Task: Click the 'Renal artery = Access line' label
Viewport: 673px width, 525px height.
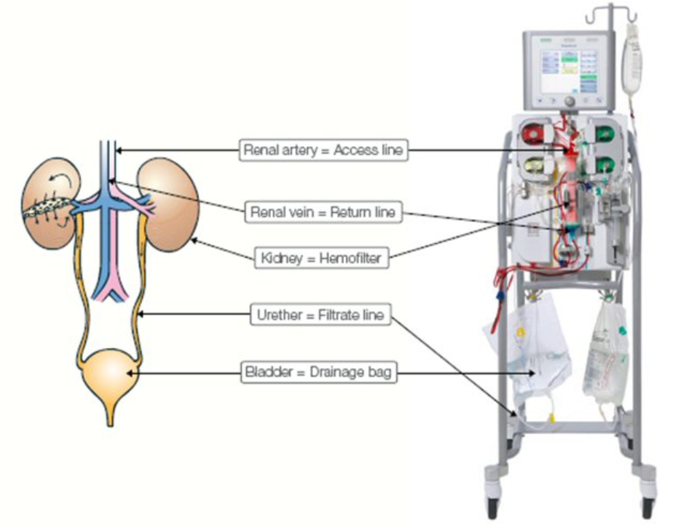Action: pyautogui.click(x=323, y=151)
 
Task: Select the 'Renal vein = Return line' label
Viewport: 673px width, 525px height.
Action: pyautogui.click(x=323, y=212)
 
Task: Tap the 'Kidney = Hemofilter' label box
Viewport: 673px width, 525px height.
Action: pyautogui.click(x=320, y=256)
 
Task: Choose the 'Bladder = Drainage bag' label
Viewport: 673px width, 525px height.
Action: pyautogui.click(x=320, y=374)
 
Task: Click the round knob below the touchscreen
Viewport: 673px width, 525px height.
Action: pyautogui.click(x=569, y=100)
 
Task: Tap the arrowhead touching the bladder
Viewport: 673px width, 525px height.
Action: pyautogui.click(x=130, y=374)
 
